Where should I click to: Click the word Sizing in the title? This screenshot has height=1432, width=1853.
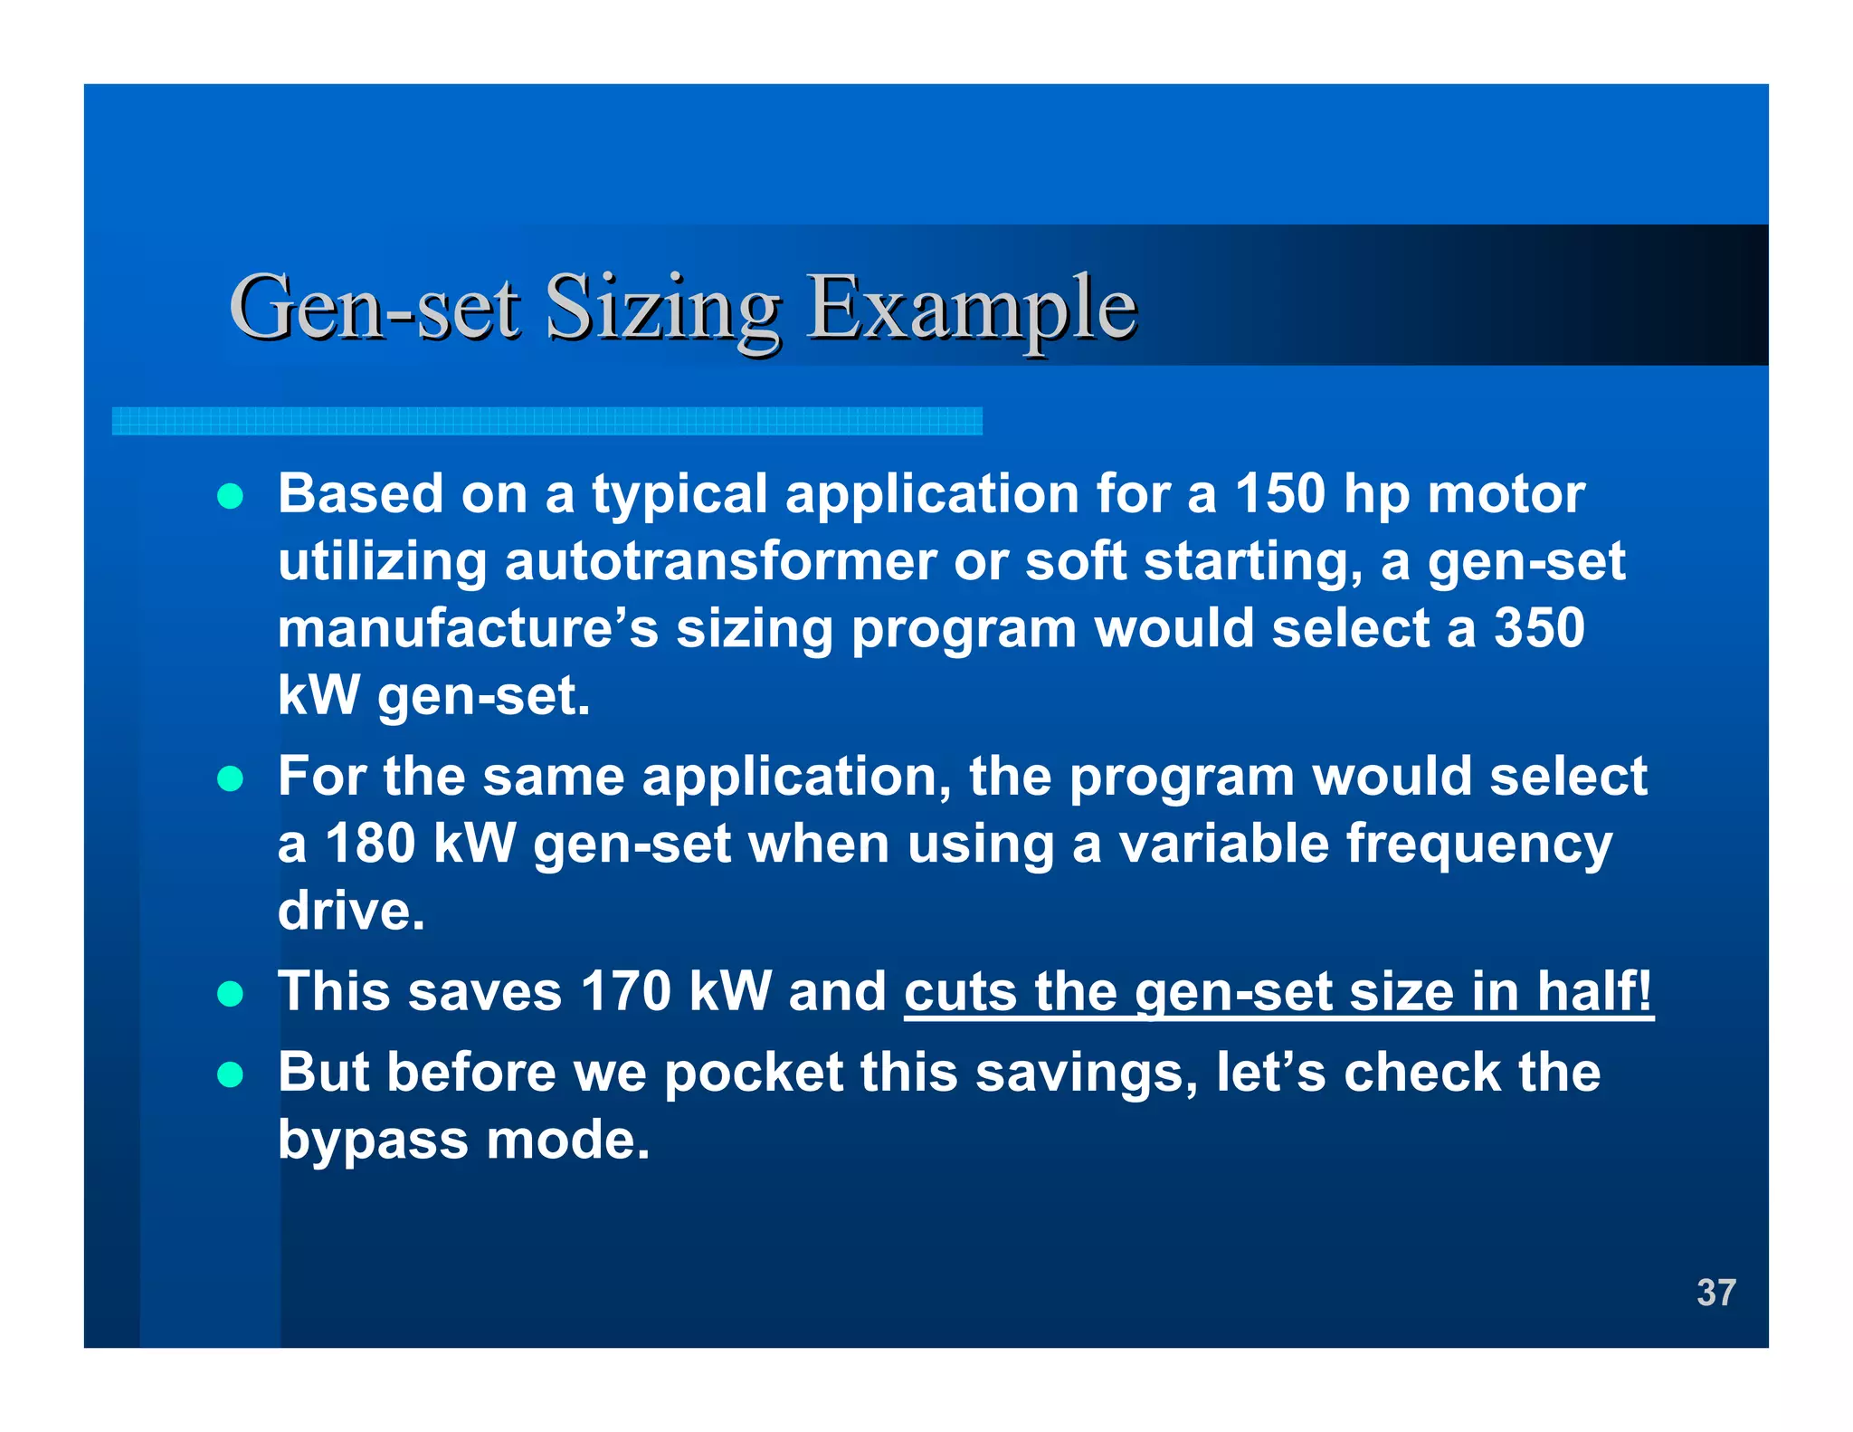(x=662, y=310)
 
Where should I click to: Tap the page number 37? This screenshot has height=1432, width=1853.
(x=1715, y=1293)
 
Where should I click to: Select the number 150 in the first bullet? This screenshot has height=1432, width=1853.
(x=1279, y=494)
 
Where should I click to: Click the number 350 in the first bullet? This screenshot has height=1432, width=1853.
(x=1539, y=628)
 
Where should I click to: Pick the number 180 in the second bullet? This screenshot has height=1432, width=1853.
(x=369, y=844)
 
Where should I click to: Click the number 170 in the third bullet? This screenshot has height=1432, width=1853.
(x=625, y=991)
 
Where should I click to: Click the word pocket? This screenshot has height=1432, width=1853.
(x=754, y=1074)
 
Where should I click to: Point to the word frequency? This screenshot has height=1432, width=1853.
(x=1478, y=845)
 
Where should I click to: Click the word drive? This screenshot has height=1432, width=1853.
(x=351, y=911)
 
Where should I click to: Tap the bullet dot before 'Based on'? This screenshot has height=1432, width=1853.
(x=231, y=497)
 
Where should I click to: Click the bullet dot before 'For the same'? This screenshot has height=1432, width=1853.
(x=231, y=779)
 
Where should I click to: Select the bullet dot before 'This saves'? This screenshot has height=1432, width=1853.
(x=231, y=994)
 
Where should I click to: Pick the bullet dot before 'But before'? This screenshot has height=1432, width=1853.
(x=231, y=1074)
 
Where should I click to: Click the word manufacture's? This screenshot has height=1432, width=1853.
(x=468, y=628)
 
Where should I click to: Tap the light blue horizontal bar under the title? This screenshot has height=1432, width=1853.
(x=546, y=421)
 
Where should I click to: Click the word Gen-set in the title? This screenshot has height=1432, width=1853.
(x=375, y=310)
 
